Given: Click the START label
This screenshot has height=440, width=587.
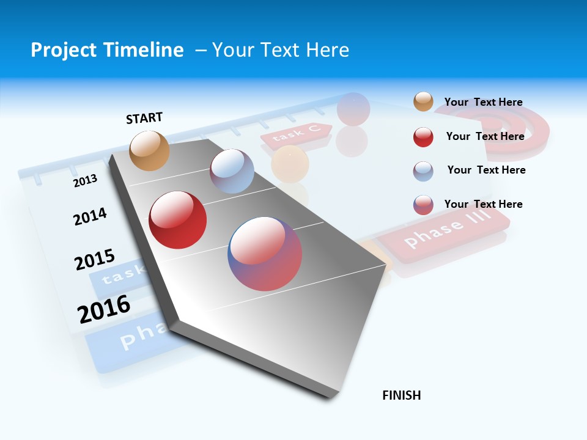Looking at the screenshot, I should (x=144, y=118).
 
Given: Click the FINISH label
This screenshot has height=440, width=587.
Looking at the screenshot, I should (x=401, y=395).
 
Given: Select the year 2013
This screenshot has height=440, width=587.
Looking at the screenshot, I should (x=85, y=180).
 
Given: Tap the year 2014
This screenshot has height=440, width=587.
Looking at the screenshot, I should (x=90, y=216).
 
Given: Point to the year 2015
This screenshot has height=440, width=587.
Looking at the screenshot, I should (x=94, y=260).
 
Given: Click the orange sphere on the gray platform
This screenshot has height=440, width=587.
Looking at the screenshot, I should (x=149, y=150).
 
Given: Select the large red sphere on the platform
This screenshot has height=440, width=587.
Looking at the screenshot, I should (x=177, y=220).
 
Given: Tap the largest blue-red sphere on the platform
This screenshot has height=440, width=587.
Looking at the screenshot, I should (x=265, y=254).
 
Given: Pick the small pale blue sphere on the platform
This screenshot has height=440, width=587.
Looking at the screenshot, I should (x=232, y=171).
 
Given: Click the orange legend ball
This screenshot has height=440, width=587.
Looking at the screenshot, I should (x=423, y=101).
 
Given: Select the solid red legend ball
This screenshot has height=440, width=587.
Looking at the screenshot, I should (x=423, y=137).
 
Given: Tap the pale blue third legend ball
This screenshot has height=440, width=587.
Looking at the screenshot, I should (x=423, y=171).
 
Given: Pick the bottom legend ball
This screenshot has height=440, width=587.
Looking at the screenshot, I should (x=423, y=205).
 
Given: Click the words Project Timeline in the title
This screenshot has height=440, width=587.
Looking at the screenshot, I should (x=107, y=50).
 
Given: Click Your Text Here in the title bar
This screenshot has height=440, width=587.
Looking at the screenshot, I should (x=280, y=50).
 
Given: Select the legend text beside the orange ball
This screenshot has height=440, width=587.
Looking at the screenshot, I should (x=483, y=102).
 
